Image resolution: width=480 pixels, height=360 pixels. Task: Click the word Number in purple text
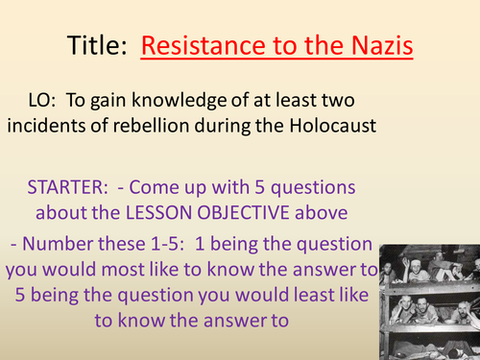[x=66, y=244]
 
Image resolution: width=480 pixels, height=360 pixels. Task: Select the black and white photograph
[x=428, y=300]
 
